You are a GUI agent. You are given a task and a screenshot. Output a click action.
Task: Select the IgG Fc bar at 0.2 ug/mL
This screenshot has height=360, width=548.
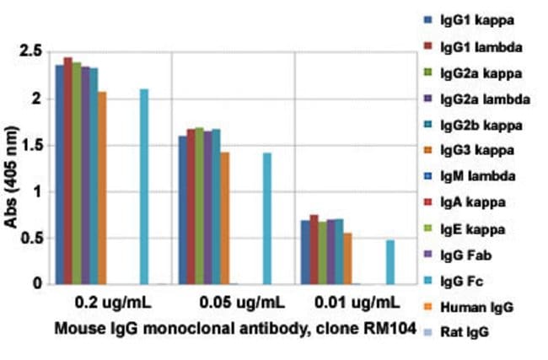(144, 186)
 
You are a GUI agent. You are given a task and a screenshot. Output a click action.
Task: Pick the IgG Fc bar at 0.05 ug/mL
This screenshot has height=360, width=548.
(267, 218)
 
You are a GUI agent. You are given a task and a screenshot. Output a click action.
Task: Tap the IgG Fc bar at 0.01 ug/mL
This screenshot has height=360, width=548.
(390, 262)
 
